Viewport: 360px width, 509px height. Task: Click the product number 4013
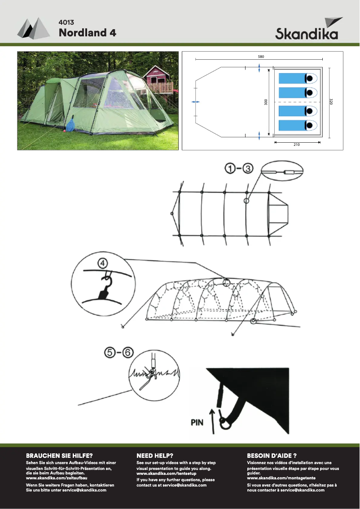(66, 22)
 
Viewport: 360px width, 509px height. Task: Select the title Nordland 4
(88, 33)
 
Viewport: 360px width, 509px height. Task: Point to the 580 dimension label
(261, 57)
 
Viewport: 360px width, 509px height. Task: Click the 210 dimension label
(296, 145)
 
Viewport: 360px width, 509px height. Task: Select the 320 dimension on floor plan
(331, 102)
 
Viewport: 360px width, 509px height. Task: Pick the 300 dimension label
(266, 102)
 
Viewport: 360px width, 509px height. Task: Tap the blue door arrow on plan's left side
(195, 102)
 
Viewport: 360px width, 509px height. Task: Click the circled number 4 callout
(103, 263)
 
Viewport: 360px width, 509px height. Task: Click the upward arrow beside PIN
(213, 420)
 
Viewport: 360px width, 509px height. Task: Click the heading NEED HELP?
(155, 455)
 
